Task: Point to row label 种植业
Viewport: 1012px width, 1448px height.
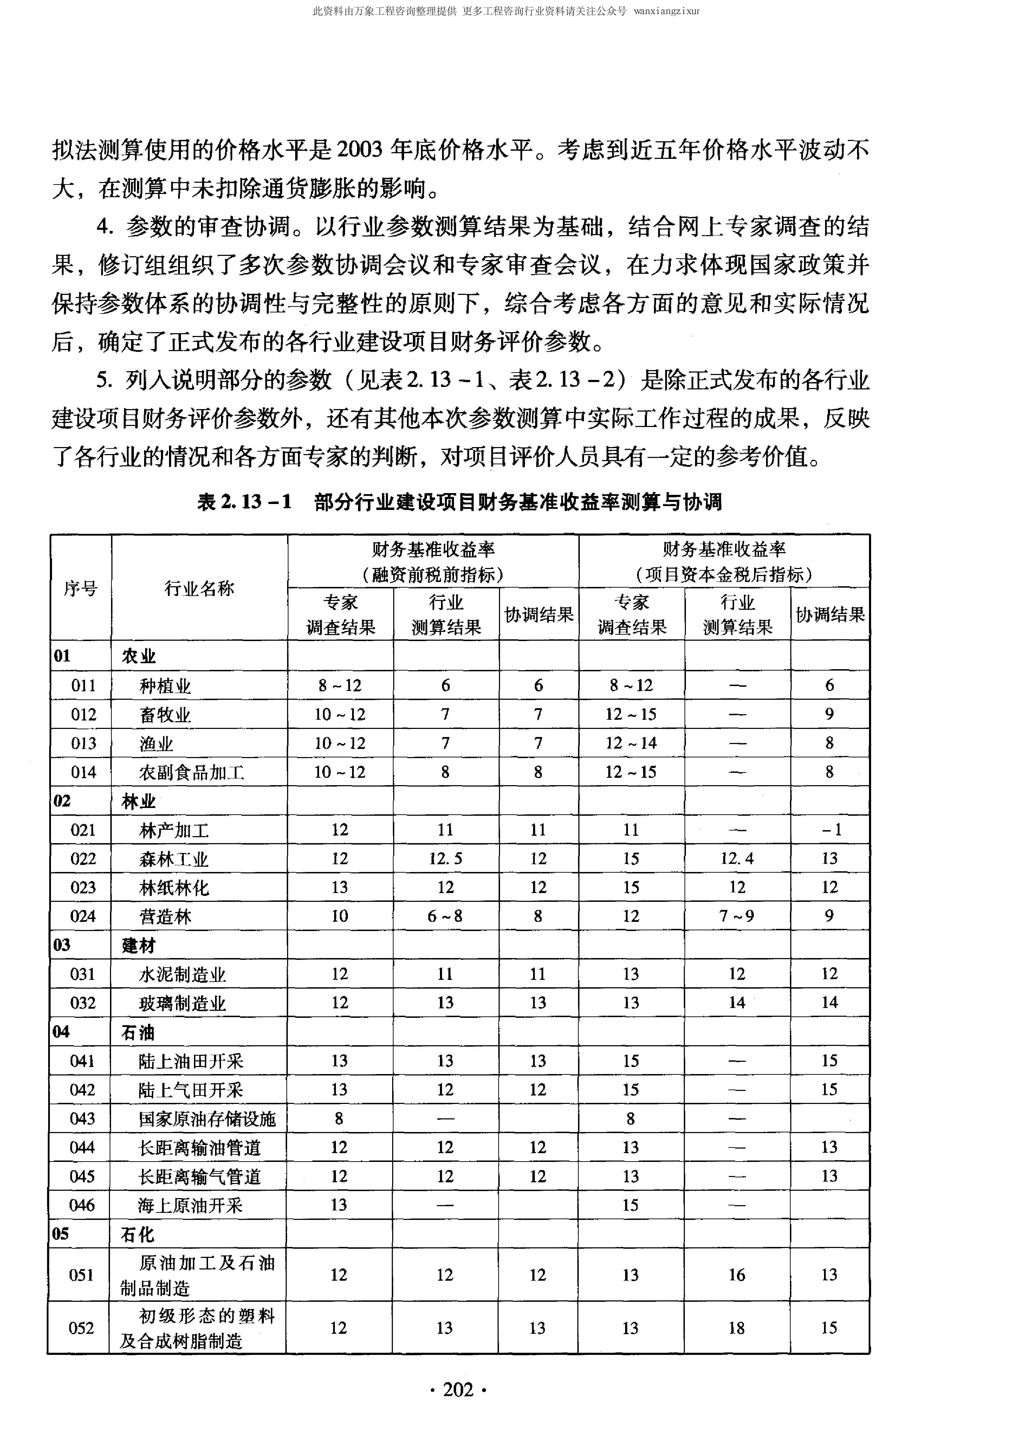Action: click(165, 686)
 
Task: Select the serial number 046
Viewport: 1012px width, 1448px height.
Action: click(82, 1205)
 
